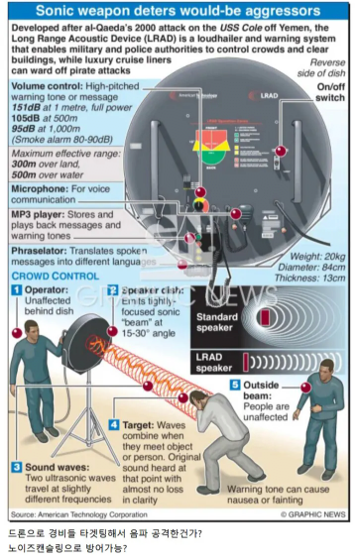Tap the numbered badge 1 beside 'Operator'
(x=16, y=289)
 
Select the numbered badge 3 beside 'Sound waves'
(x=16, y=466)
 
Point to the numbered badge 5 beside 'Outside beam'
(x=235, y=385)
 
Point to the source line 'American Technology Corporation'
(x=100, y=515)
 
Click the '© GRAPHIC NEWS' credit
(x=314, y=515)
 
